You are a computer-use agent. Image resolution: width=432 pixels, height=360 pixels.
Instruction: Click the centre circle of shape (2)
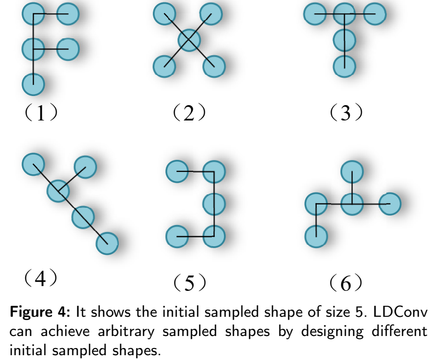pos(189,40)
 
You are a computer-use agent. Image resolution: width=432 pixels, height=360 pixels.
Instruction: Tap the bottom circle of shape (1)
pos(33,84)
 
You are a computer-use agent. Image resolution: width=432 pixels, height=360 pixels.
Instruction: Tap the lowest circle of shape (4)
pos(107,243)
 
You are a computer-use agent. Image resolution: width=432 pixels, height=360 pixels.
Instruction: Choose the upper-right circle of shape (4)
pos(86,167)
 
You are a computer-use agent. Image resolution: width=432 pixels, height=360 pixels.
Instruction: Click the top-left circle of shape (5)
pos(177,171)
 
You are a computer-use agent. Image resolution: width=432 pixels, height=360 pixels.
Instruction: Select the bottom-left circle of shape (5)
pos(177,237)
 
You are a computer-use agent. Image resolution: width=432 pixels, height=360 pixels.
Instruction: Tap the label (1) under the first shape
pos(42,113)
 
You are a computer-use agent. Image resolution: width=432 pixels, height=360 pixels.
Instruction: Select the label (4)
pos(42,278)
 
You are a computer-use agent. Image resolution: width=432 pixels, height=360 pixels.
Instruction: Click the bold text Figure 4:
pos(40,313)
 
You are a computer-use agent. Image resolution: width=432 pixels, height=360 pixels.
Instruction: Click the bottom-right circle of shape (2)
pos(214,66)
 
